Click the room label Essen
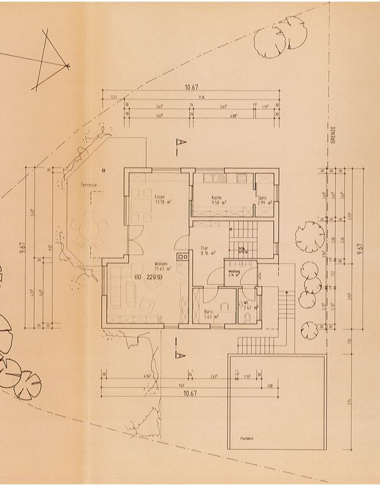(160, 197)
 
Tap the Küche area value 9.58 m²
(218, 203)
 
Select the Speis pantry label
(262, 197)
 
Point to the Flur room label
(205, 248)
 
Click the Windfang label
(233, 271)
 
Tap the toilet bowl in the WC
(248, 318)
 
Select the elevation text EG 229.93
(148, 277)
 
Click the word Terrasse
(89, 184)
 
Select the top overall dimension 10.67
(191, 88)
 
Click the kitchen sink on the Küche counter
(211, 179)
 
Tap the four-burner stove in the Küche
(242, 179)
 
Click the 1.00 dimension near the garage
(270, 386)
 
